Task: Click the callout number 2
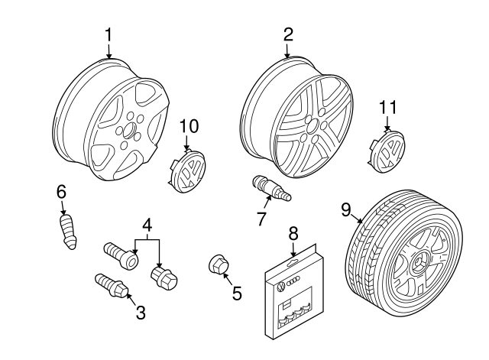(x=288, y=34)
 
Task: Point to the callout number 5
(x=236, y=292)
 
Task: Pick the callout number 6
(x=61, y=191)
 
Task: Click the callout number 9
(x=345, y=207)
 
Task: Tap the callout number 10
(x=188, y=125)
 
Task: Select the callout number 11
(x=389, y=108)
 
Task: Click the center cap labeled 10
(x=187, y=172)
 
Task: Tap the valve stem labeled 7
(x=268, y=188)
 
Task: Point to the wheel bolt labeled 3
(x=110, y=285)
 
